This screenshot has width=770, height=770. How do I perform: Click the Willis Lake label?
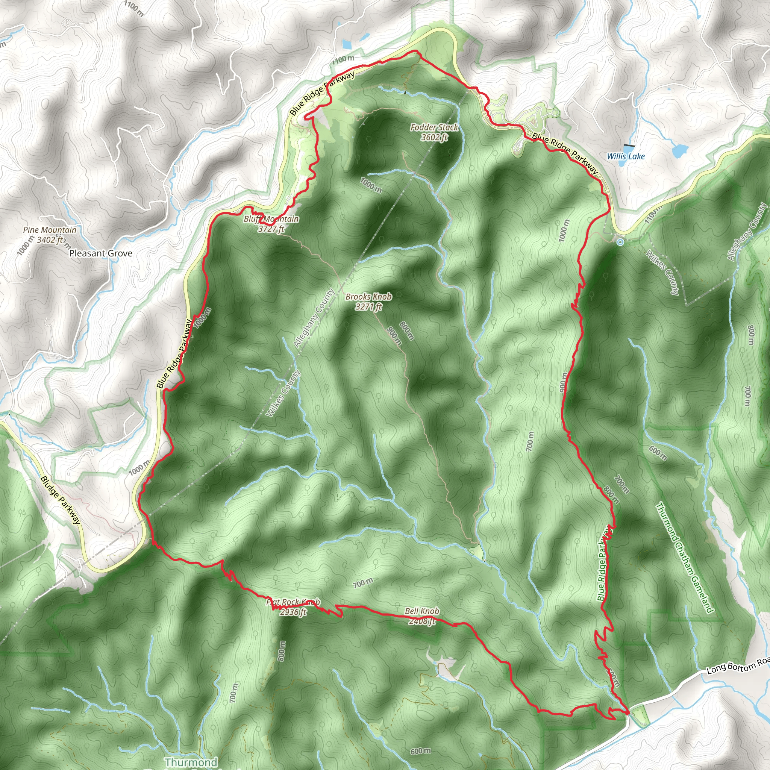pyautogui.click(x=625, y=156)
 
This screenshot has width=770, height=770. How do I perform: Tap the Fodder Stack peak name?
pyautogui.click(x=434, y=127)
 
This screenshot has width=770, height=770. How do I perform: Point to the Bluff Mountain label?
pyautogui.click(x=271, y=219)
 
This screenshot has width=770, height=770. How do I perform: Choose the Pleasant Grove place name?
pyautogui.click(x=101, y=253)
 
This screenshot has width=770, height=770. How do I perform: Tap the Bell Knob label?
pyautogui.click(x=422, y=611)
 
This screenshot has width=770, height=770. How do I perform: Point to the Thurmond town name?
pyautogui.click(x=191, y=762)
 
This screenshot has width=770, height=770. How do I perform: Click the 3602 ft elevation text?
pyautogui.click(x=434, y=138)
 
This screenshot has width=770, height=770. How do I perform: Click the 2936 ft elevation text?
pyautogui.click(x=293, y=612)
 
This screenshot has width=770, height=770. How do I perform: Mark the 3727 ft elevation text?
pyautogui.click(x=271, y=229)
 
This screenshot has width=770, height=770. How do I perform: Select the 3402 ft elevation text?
pyautogui.click(x=50, y=239)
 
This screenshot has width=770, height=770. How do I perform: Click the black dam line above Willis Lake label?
pyautogui.click(x=629, y=146)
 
